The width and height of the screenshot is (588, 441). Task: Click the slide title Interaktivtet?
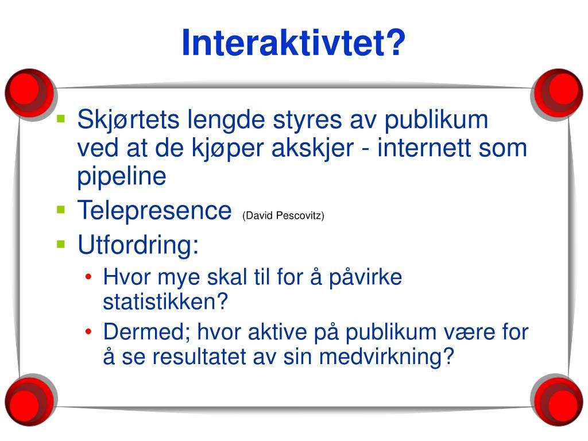click(293, 43)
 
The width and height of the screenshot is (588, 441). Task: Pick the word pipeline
click(122, 176)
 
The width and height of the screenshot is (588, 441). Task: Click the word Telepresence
click(154, 210)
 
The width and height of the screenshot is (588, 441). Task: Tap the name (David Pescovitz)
click(283, 215)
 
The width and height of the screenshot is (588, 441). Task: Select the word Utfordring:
click(138, 245)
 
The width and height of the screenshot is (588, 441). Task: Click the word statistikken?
click(166, 301)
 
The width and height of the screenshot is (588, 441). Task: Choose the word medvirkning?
click(386, 357)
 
